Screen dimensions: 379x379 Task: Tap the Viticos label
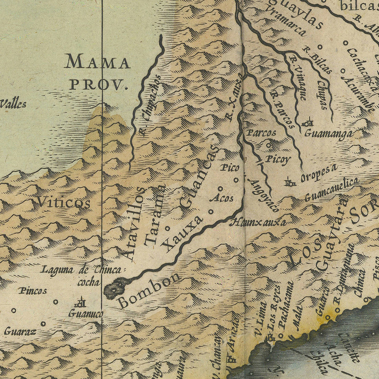point(63,203)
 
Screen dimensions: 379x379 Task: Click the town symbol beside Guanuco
point(80,302)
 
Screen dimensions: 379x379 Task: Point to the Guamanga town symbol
point(309,123)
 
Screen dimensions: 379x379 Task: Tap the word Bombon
point(149,290)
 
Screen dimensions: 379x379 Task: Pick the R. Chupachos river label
point(149,105)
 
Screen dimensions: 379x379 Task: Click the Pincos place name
point(33,291)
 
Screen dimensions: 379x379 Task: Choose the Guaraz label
point(20,331)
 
